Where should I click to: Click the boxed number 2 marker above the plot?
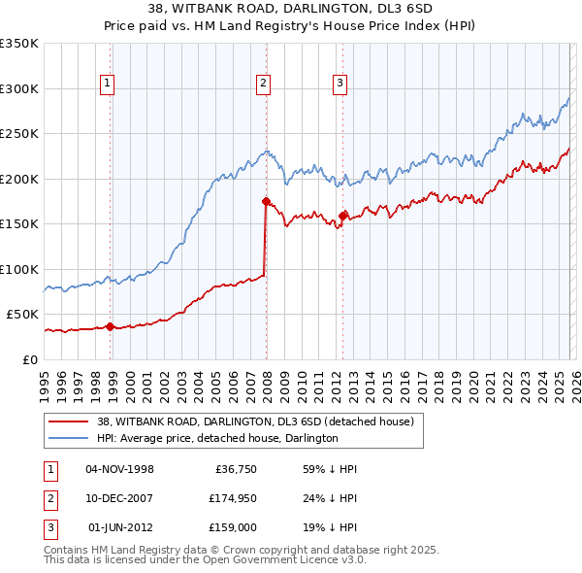pyautogui.click(x=263, y=84)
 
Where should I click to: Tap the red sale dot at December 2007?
pyautogui.click(x=265, y=201)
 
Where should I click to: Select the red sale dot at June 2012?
pyautogui.click(x=342, y=216)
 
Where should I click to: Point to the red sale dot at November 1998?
pyautogui.click(x=110, y=326)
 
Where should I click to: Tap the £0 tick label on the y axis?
pyautogui.click(x=29, y=359)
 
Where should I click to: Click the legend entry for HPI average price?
pyautogui.click(x=216, y=438)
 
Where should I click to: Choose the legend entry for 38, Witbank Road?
pyautogui.click(x=255, y=421)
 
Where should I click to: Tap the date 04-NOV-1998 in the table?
pyautogui.click(x=120, y=469)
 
